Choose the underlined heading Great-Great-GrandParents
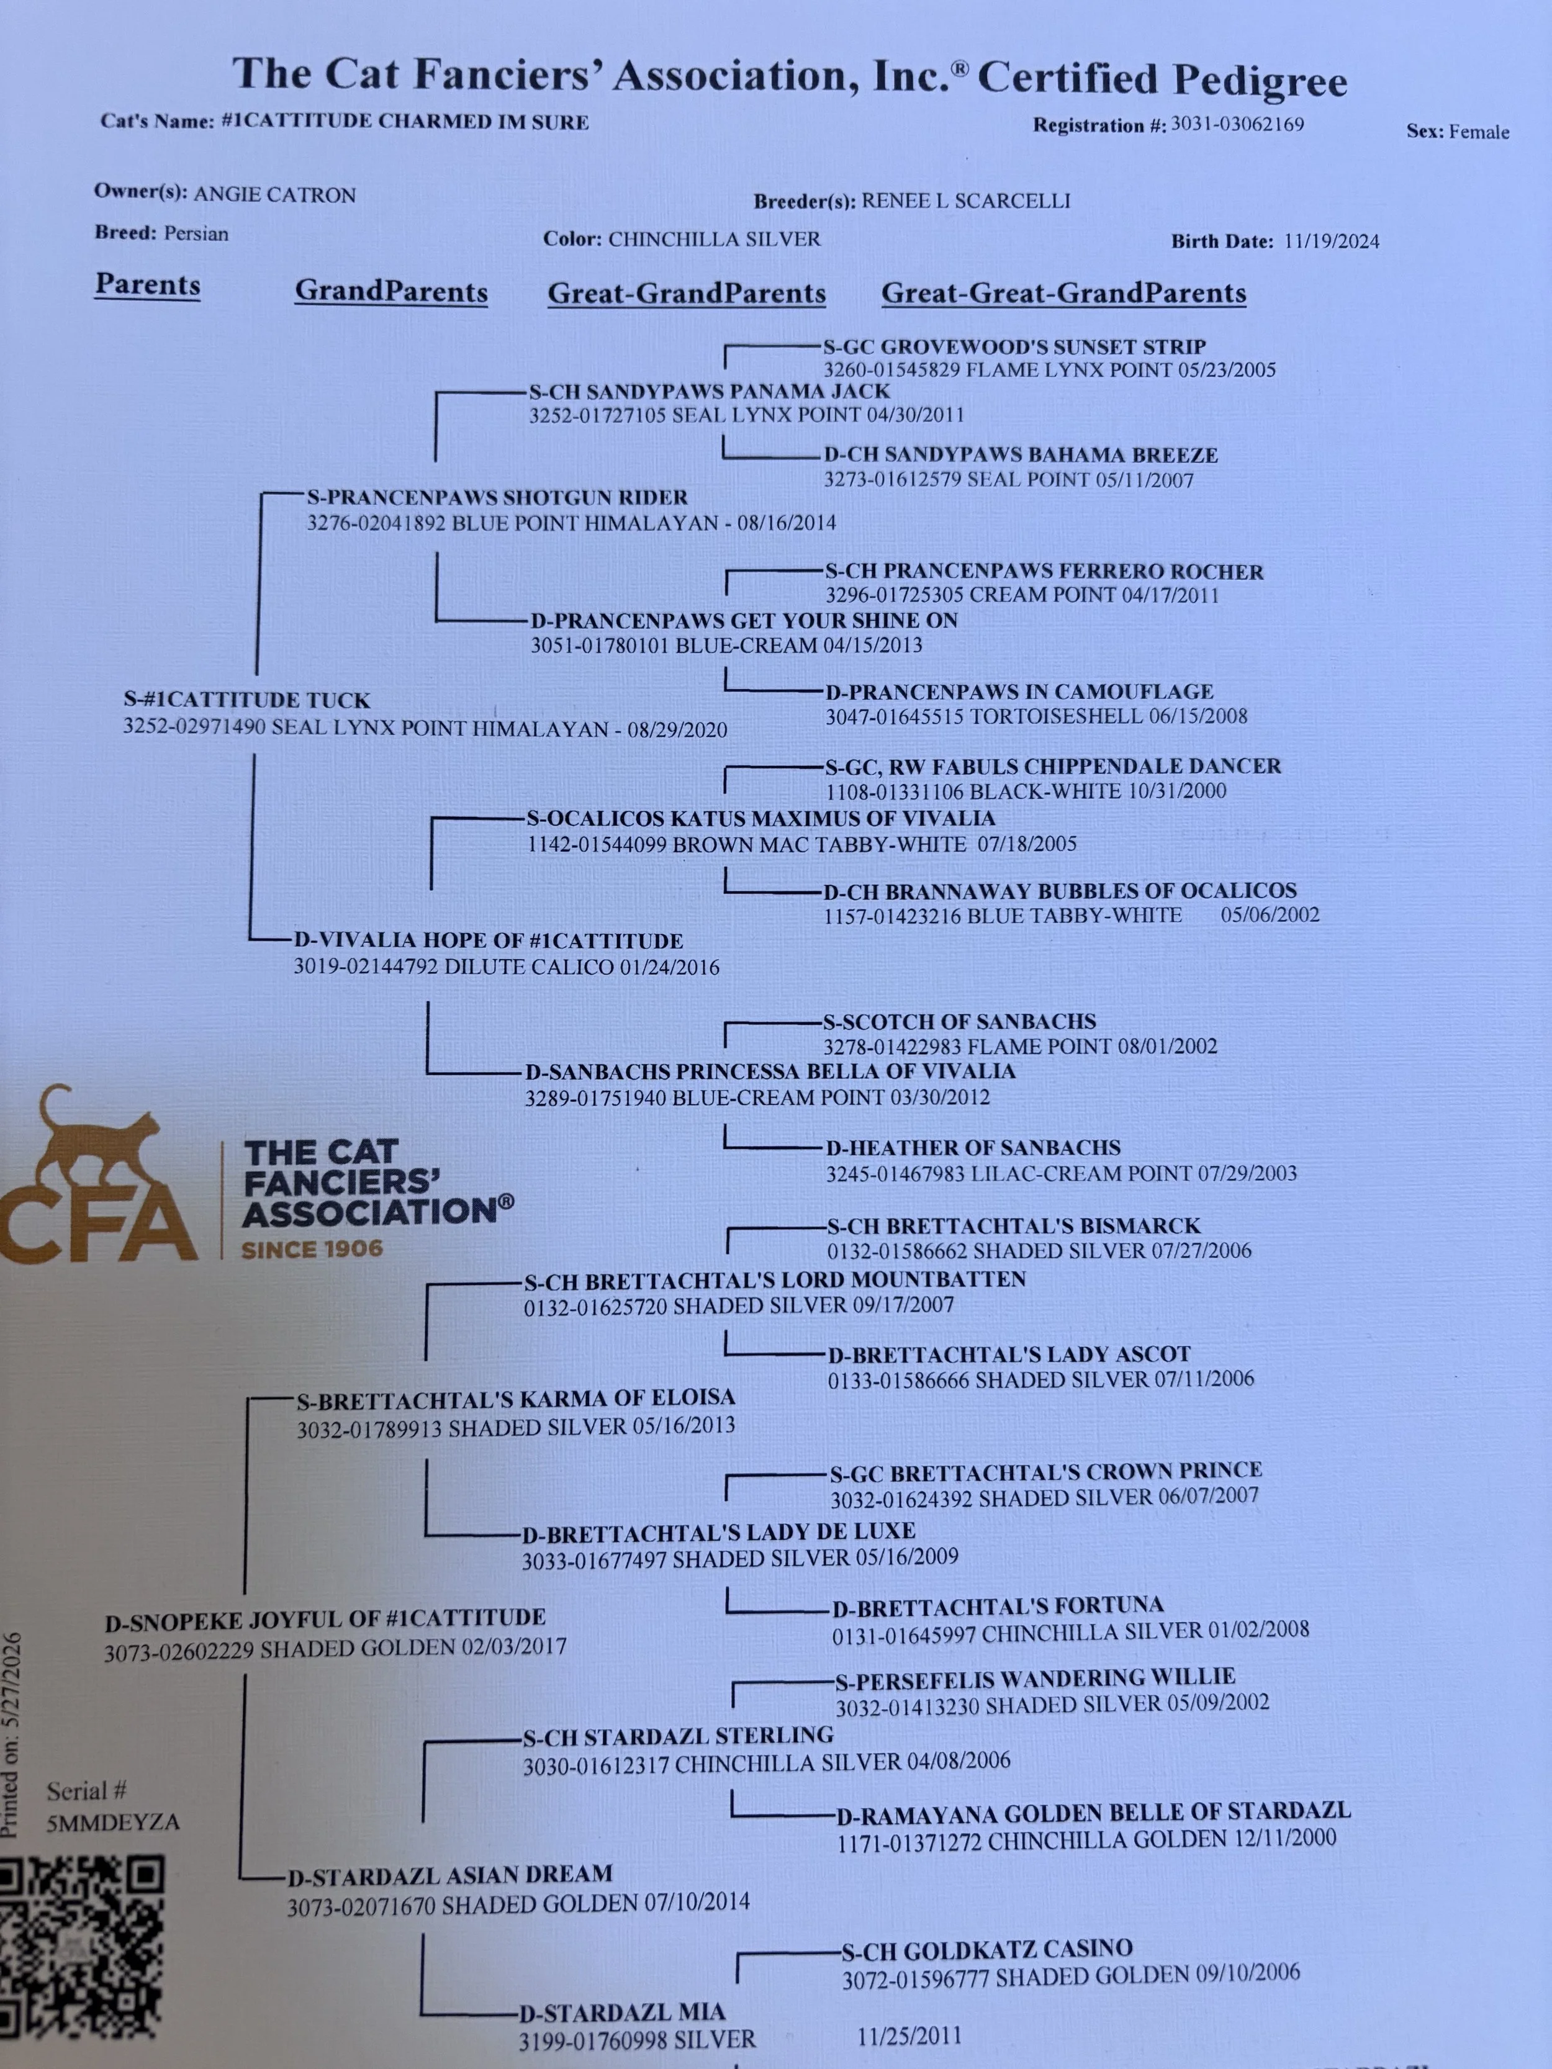(x=1063, y=293)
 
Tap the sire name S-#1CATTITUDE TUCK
(x=247, y=701)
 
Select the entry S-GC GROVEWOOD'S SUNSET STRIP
(x=1015, y=347)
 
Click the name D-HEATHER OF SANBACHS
(x=973, y=1148)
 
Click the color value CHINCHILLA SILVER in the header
(x=715, y=240)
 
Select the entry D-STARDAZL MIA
(x=623, y=2013)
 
